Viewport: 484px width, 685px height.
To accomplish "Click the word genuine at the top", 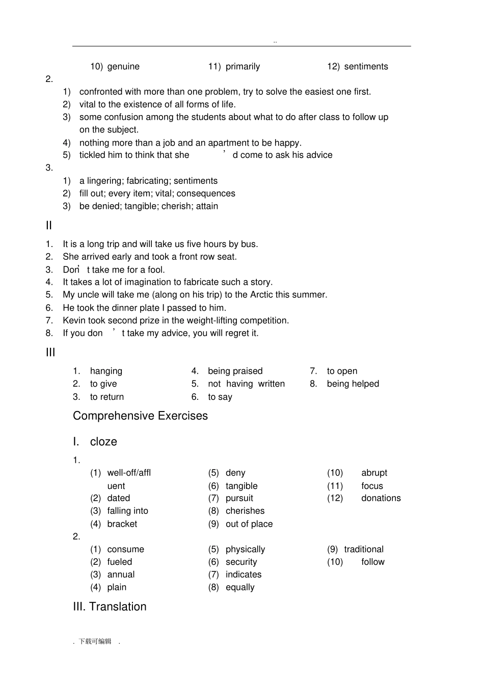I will (123, 67).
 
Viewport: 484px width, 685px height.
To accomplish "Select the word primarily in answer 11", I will (243, 67).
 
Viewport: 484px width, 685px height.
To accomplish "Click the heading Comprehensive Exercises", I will (140, 416).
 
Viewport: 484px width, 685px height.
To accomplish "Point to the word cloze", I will (103, 442).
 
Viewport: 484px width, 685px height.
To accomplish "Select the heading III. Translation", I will (110, 607).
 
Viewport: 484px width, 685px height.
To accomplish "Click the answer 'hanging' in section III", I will (106, 371).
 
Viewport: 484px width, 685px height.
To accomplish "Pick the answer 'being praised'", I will (235, 371).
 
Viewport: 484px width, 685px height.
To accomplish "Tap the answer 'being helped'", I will (353, 384).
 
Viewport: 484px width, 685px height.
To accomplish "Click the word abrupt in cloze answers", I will (374, 473).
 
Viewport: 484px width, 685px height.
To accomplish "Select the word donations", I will (381, 499).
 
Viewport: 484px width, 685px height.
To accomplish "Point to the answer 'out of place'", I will (249, 524).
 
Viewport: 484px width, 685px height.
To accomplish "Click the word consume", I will (125, 550).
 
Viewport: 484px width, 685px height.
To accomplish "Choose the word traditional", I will (364, 550).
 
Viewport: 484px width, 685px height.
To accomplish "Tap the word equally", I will (240, 588).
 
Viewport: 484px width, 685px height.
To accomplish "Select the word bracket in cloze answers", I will (122, 524).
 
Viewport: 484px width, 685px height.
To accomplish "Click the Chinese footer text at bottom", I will (95, 642).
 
